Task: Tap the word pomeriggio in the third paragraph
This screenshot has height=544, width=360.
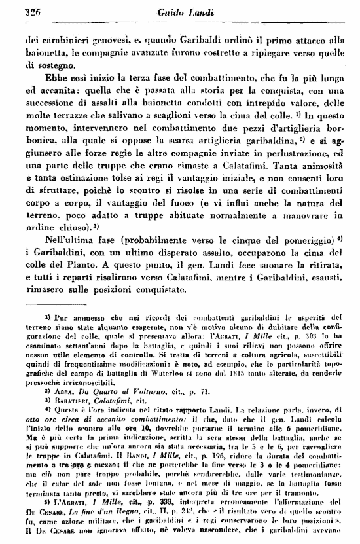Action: click(x=310, y=235)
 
